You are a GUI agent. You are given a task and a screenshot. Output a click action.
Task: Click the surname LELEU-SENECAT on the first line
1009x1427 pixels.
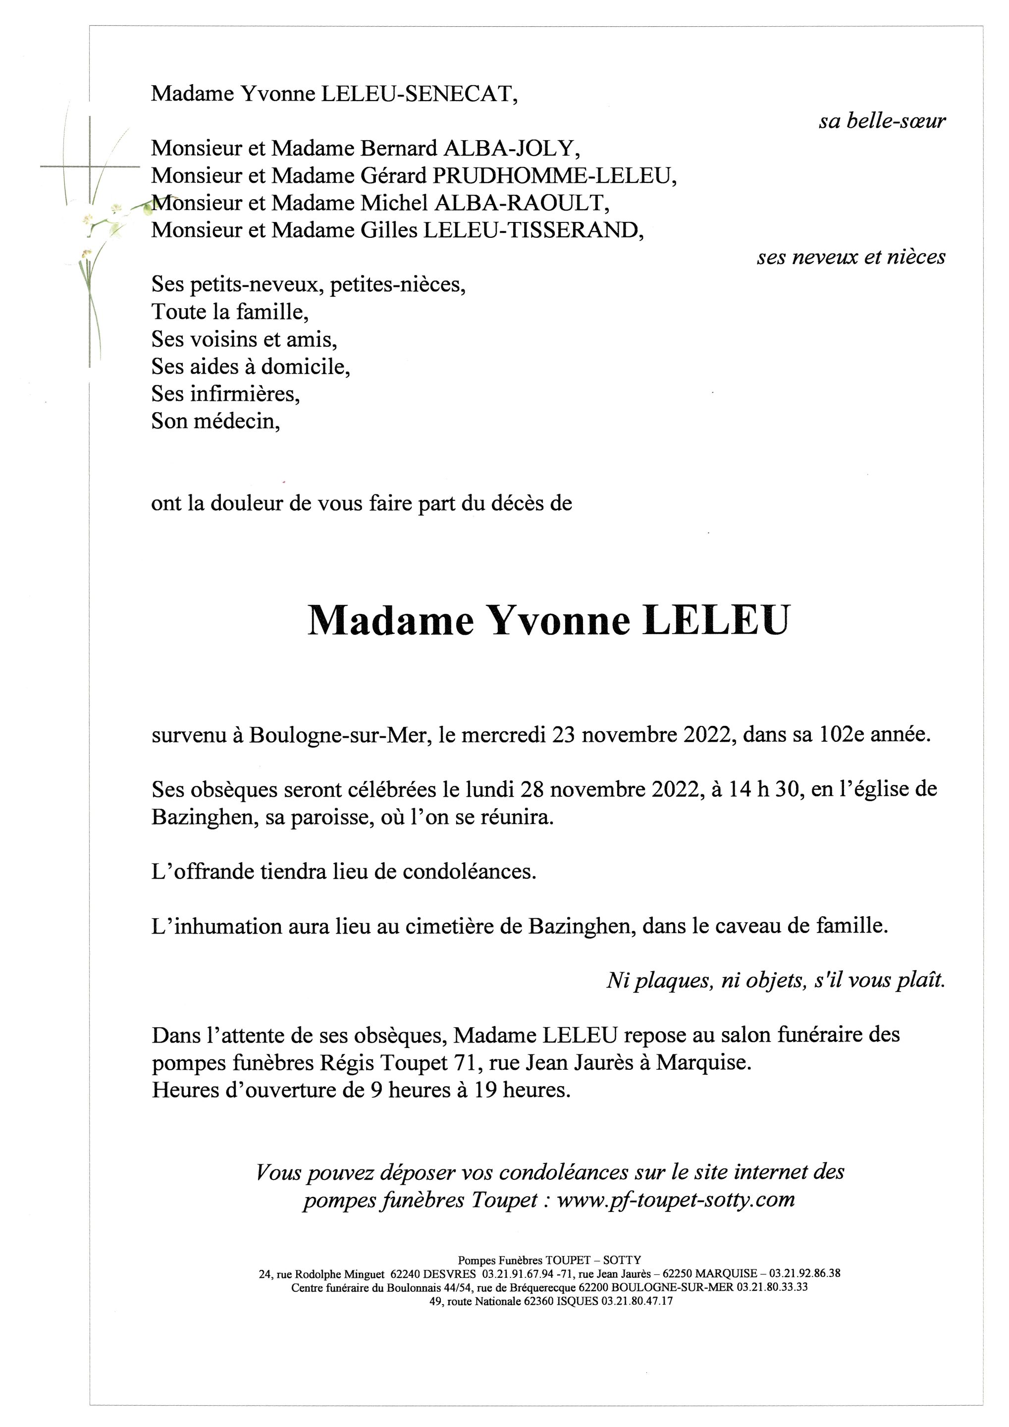[416, 94]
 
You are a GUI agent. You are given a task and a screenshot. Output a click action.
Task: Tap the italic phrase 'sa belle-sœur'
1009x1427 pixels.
[882, 121]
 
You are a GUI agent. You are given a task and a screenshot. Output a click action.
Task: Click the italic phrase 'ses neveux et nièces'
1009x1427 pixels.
[850, 257]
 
